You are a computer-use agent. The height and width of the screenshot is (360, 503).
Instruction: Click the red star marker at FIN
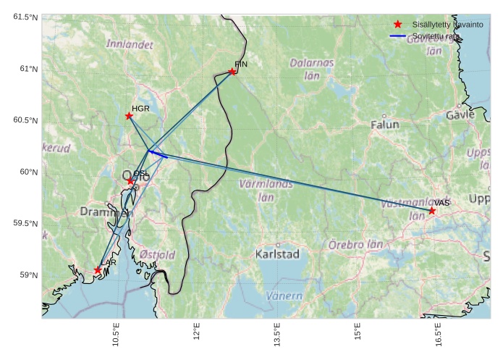[x=232, y=71]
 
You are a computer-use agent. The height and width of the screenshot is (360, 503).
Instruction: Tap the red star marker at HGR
[x=130, y=116]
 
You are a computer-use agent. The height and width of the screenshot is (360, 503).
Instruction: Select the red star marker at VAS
[x=432, y=211]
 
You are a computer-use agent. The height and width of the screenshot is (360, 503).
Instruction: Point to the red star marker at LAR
[x=98, y=270]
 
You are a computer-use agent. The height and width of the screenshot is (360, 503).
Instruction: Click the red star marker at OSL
[x=131, y=181]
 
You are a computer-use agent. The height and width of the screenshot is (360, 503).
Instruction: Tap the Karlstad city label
[x=277, y=254]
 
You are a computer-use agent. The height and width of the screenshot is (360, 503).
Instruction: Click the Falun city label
[x=384, y=125]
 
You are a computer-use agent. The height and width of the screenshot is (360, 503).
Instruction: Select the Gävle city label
[x=460, y=115]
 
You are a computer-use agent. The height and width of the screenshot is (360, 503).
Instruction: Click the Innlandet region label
[x=130, y=44]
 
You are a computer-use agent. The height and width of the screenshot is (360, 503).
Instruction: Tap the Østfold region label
[x=157, y=255]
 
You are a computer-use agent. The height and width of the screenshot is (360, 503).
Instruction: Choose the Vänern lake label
[x=284, y=296]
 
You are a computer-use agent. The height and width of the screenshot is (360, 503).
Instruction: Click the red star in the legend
[x=397, y=25]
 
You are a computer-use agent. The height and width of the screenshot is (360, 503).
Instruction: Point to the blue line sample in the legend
[x=397, y=35]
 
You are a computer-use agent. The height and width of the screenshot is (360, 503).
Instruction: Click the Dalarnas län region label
[x=312, y=69]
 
